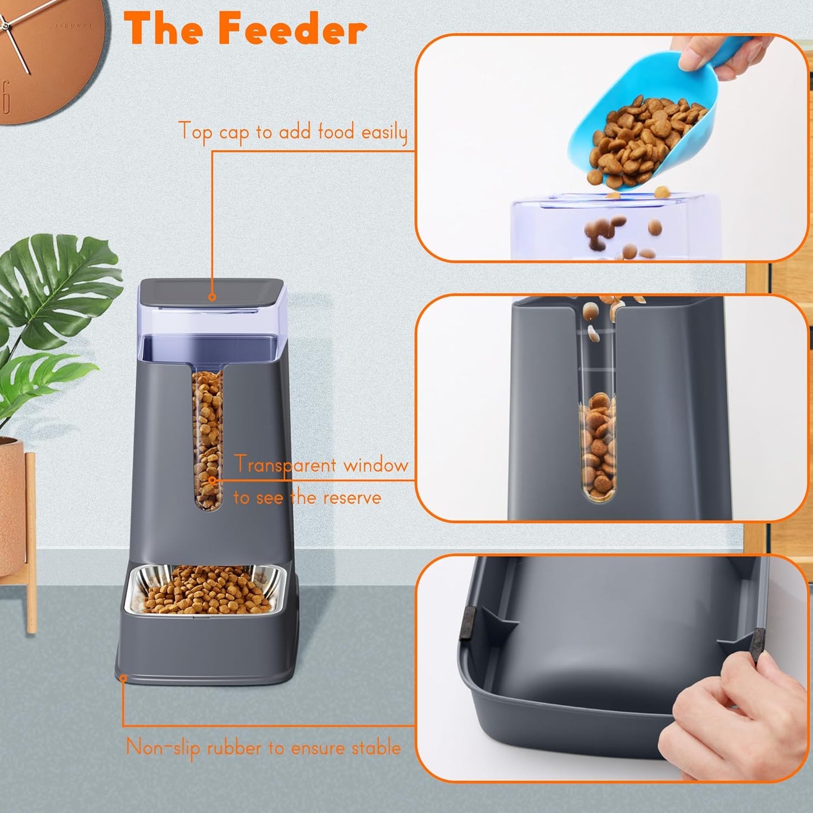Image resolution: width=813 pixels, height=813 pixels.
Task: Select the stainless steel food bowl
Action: pos(205,591)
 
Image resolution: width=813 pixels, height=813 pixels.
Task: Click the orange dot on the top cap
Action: pos(212,297)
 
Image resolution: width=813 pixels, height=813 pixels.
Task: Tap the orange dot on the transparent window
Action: pos(212,480)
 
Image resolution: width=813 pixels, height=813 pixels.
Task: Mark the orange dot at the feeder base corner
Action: pos(123,679)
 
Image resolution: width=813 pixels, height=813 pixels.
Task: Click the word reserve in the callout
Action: pos(352,498)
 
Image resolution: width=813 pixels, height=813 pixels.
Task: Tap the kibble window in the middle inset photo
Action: pos(598,444)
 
